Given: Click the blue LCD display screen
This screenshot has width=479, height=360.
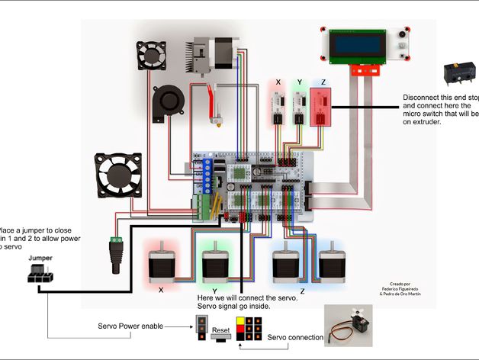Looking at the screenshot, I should tap(355, 46).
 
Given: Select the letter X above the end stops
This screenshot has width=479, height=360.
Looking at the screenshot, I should tap(278, 82).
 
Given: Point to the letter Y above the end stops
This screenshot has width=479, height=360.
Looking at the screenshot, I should tap(299, 82).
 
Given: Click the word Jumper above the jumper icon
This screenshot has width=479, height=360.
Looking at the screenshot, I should tap(40, 259).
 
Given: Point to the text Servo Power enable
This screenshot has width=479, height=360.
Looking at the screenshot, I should tap(130, 326).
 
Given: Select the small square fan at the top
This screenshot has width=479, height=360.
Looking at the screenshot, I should tap(152, 55).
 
